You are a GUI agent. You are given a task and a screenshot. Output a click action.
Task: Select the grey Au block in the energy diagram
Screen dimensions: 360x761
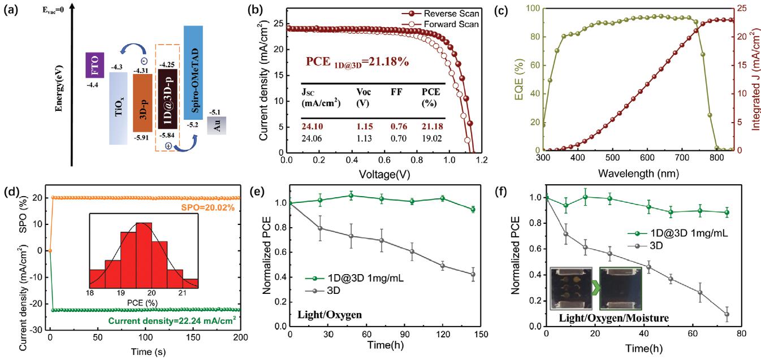pos(217,124)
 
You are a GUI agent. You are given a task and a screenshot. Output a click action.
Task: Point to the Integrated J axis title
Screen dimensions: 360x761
pos(754,79)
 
